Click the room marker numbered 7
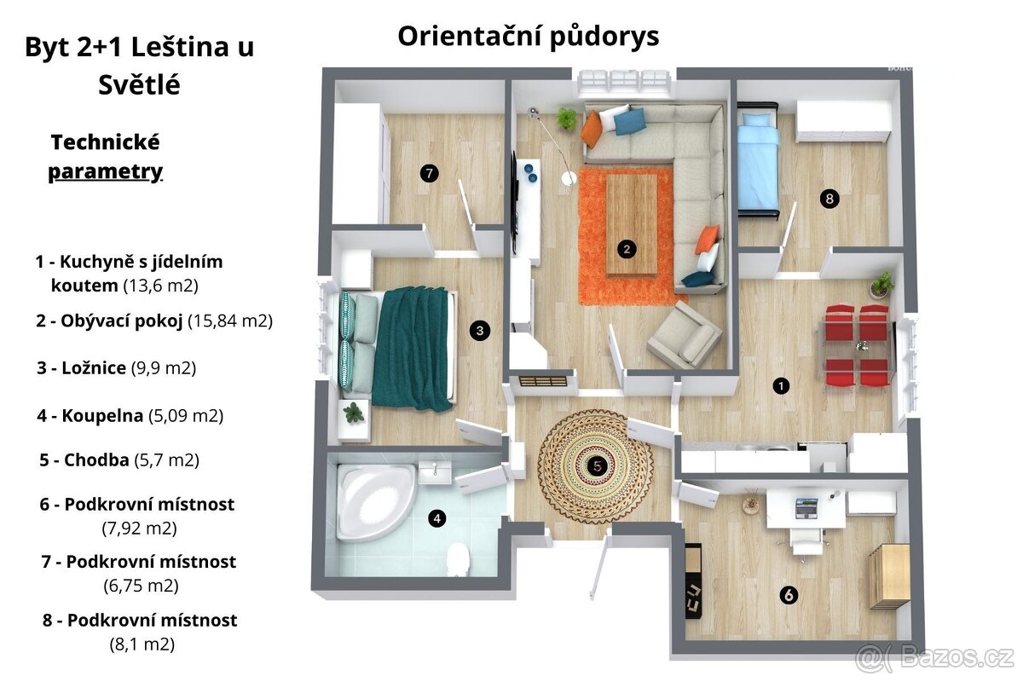[429, 174]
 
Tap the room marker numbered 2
[627, 249]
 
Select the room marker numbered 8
[829, 199]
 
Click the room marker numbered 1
[780, 386]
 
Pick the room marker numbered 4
[436, 517]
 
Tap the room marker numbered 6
[789, 595]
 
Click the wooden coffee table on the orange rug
[631, 223]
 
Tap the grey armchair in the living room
[684, 334]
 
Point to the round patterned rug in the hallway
[596, 465]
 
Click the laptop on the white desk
[806, 508]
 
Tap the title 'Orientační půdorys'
[528, 36]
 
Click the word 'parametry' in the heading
[105, 171]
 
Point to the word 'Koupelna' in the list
[101, 416]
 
